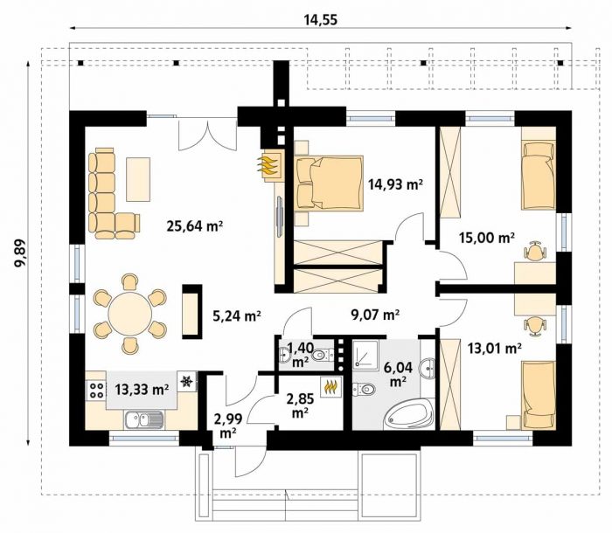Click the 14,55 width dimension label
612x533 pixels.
pyautogui.click(x=321, y=19)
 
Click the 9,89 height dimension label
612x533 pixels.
pyautogui.click(x=20, y=253)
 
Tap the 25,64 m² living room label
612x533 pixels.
pyautogui.click(x=194, y=225)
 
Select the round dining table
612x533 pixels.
pyautogui.click(x=130, y=313)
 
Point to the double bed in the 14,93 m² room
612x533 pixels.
pyautogui.click(x=329, y=183)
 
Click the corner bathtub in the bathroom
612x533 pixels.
pyautogui.click(x=409, y=416)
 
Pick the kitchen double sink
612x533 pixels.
pyautogui.click(x=144, y=419)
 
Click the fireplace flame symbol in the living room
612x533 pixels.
pyautogui.click(x=269, y=165)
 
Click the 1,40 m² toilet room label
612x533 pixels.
pyautogui.click(x=300, y=354)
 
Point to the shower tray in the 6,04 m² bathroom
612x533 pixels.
pyautogui.click(x=365, y=355)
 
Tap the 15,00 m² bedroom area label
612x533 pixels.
pyautogui.click(x=487, y=237)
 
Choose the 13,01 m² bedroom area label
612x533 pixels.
pyautogui.click(x=495, y=348)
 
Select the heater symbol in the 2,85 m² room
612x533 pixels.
pyautogui.click(x=331, y=387)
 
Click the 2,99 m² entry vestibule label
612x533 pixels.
pyautogui.click(x=228, y=426)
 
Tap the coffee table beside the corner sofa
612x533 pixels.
pyautogui.click(x=138, y=179)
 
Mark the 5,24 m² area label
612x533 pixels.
pyautogui.click(x=237, y=315)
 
